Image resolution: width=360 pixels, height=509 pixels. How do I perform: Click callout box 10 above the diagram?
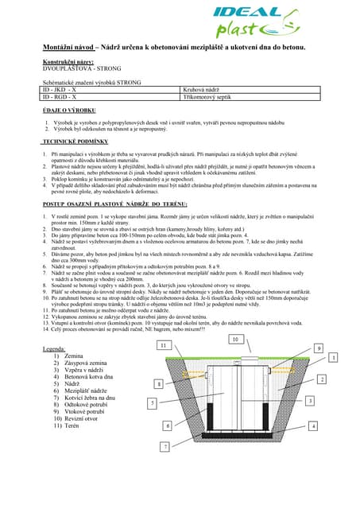(234, 340)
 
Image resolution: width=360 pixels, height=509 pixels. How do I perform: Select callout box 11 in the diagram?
(163, 346)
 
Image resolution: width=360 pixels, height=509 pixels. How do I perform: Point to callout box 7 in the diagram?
(165, 447)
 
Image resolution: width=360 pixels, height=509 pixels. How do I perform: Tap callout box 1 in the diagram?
(334, 359)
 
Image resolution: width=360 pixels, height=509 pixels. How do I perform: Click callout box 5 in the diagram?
(152, 403)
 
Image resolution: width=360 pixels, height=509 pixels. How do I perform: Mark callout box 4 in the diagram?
(313, 426)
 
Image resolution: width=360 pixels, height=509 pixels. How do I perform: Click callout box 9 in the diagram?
(318, 348)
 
